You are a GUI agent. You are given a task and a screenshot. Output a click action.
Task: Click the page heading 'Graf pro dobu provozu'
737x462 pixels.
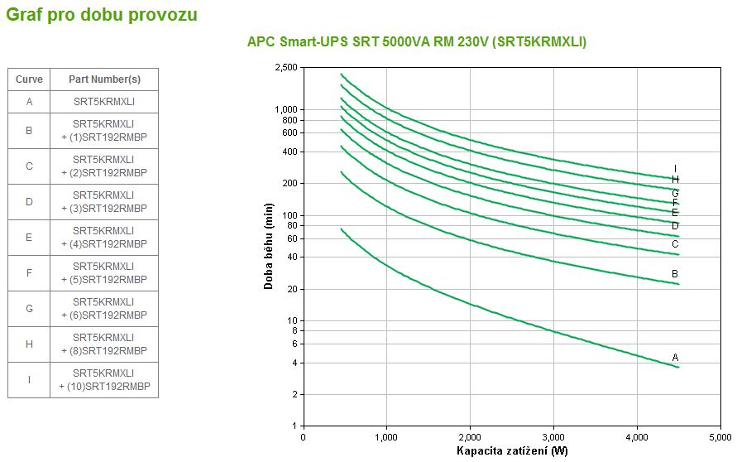(102, 14)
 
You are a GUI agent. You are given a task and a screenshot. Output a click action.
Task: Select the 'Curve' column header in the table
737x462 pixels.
(29, 79)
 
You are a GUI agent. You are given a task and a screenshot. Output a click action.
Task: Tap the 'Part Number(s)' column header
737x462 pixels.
(103, 79)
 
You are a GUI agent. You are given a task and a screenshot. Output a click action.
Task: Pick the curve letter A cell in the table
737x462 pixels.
(29, 102)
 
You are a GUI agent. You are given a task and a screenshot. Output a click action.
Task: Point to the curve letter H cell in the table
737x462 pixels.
(29, 344)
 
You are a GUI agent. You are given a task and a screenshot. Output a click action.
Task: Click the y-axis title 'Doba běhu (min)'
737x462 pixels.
(269, 249)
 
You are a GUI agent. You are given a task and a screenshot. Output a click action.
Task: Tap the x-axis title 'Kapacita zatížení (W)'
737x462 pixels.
(512, 451)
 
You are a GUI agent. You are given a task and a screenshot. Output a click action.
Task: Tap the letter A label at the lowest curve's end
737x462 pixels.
(675, 358)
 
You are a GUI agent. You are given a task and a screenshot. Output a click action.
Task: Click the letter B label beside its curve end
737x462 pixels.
(675, 274)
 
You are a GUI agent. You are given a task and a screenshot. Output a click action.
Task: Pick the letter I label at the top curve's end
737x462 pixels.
(675, 169)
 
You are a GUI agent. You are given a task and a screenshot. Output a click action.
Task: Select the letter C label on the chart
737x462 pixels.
(675, 243)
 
